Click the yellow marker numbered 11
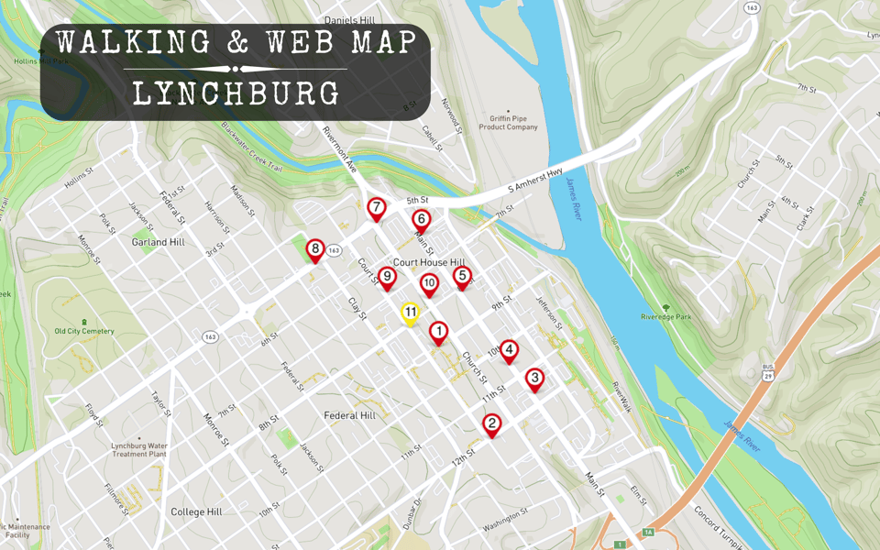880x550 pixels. (411, 313)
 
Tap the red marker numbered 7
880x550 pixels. (376, 208)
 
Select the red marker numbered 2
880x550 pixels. (492, 423)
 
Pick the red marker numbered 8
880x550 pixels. (315, 248)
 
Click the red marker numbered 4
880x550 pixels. (509, 350)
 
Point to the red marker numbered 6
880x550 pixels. (421, 219)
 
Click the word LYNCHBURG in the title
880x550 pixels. (236, 93)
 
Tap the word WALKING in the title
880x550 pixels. (133, 42)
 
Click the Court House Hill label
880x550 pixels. (429, 262)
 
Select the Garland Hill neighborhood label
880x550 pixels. (159, 242)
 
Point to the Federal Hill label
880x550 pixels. (350, 415)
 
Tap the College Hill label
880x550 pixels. (196, 511)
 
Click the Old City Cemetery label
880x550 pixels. (84, 331)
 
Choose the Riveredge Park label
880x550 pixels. (665, 317)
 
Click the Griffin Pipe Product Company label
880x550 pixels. (508, 121)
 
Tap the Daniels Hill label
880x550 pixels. (349, 19)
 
